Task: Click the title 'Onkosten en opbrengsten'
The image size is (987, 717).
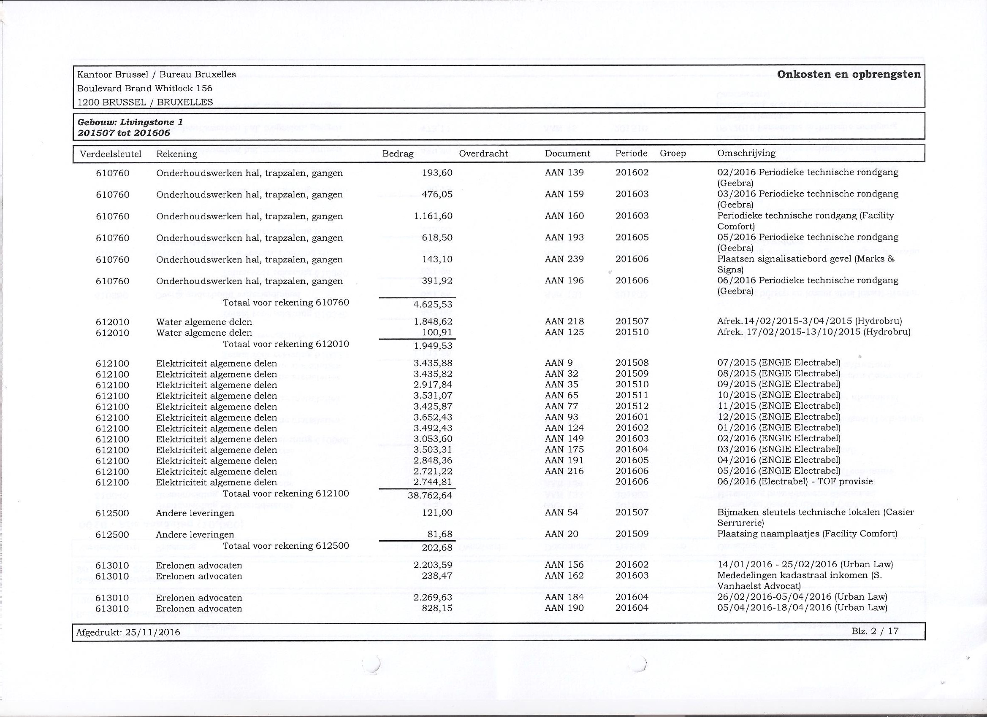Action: point(849,74)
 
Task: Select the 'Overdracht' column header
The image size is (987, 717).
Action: point(483,154)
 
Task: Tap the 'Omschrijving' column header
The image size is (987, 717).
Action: point(746,153)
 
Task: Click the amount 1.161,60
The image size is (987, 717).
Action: point(433,216)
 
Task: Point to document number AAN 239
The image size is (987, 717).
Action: point(564,259)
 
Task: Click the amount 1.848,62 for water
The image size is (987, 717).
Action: point(433,322)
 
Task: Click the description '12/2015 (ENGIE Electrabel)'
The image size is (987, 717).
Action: point(778,417)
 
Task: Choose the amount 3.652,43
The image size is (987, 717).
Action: point(433,418)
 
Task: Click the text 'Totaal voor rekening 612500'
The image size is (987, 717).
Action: point(286,546)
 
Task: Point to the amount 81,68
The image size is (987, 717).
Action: point(437,534)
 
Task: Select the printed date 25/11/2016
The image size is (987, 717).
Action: point(152,632)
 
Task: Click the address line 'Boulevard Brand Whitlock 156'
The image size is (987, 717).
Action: point(144,88)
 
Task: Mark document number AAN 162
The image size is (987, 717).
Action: point(564,576)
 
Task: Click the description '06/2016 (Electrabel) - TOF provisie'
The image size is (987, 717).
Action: point(794,482)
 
